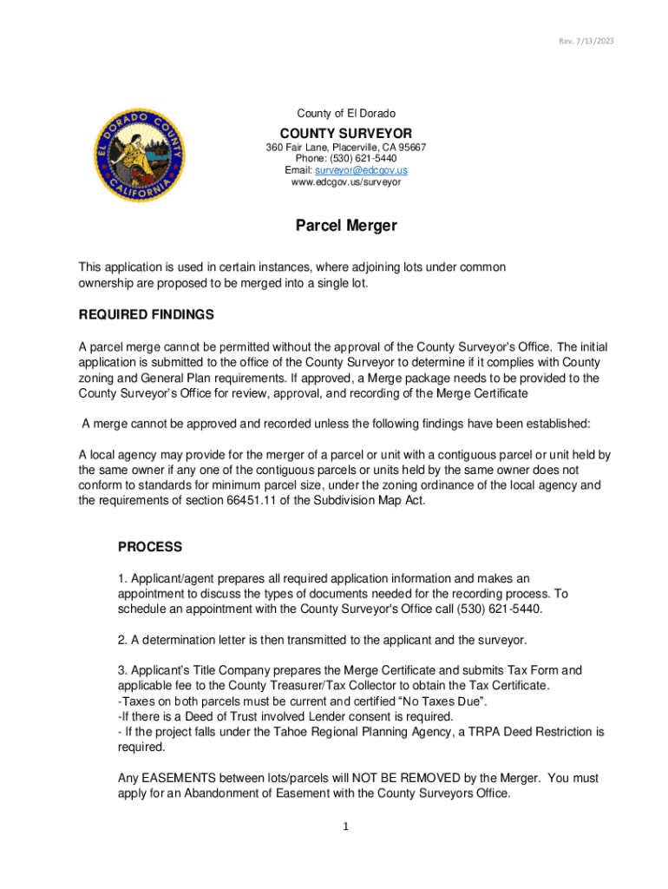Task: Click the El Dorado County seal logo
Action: [x=141, y=157]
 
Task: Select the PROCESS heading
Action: [x=150, y=547]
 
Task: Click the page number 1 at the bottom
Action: [x=345, y=826]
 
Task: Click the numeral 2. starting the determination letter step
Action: [x=122, y=640]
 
